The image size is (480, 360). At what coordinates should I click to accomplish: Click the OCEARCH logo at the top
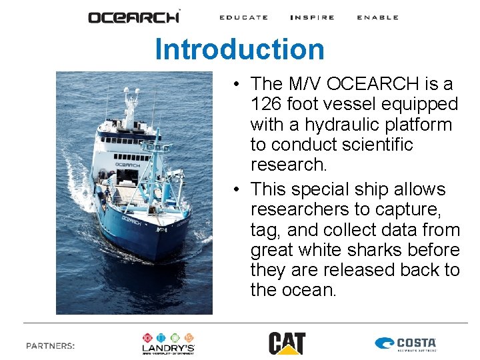coord(134,17)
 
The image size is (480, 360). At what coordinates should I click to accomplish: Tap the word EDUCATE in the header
coord(243,17)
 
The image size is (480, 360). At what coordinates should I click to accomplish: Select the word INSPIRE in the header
coord(312,17)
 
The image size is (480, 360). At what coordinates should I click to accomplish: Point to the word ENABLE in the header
coord(377,17)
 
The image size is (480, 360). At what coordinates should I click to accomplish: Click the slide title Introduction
coord(239,49)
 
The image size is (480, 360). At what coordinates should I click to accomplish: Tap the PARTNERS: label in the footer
coord(50,345)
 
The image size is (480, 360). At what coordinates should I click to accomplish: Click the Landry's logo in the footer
coord(168,343)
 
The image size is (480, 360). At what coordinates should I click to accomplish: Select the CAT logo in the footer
coord(287,343)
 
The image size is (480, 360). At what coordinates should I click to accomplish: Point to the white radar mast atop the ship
coord(128,103)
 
